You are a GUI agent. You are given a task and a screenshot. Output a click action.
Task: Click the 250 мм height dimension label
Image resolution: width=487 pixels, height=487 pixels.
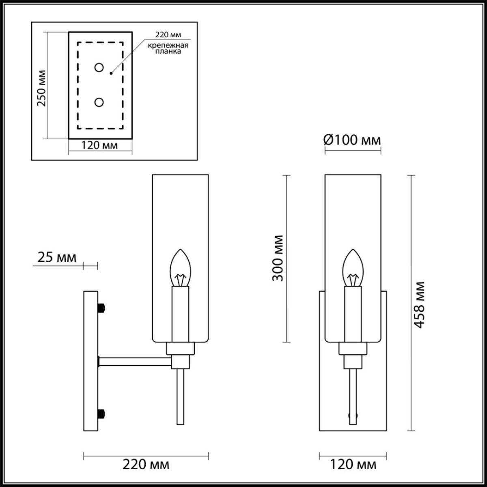41,88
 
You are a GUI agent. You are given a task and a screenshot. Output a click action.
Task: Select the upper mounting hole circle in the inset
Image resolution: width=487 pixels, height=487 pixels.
99,68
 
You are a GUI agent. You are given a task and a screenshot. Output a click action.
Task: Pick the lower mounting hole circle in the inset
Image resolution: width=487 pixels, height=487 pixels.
99,102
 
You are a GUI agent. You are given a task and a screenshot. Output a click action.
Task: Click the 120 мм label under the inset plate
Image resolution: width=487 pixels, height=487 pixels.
99,145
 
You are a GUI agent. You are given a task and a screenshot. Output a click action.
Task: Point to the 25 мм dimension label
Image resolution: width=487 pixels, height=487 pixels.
56,257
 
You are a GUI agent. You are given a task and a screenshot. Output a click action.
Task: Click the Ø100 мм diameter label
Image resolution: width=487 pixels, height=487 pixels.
352,140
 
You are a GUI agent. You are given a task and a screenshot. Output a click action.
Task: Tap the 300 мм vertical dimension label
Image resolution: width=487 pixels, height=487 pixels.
278,258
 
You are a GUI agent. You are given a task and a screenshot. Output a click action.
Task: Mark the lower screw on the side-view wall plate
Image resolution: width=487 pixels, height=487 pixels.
102,414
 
